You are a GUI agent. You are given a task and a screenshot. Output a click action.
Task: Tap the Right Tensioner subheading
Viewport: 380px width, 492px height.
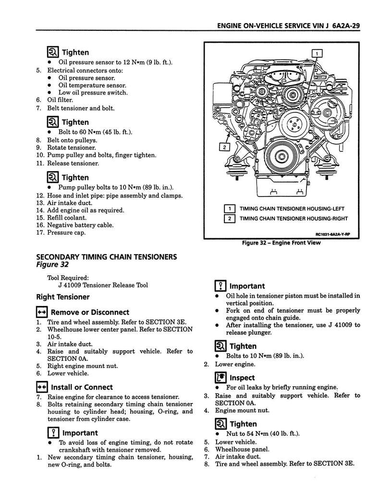pyautogui.click(x=62, y=297)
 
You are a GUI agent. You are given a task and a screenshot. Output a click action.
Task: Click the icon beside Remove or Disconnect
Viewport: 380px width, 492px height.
pyautogui.click(x=41, y=312)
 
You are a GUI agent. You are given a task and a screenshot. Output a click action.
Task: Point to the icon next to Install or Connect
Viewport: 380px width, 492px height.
pyautogui.click(x=41, y=387)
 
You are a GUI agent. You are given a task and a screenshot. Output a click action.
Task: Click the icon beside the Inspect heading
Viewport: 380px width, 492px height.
pyautogui.click(x=221, y=378)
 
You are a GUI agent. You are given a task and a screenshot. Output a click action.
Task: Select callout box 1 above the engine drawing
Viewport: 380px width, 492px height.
pyautogui.click(x=317, y=53)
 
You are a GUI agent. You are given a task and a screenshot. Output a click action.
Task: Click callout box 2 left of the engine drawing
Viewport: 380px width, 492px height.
pyautogui.click(x=224, y=147)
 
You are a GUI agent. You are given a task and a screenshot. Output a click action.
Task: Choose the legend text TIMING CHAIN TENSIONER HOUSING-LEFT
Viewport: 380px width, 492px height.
pyautogui.click(x=292, y=209)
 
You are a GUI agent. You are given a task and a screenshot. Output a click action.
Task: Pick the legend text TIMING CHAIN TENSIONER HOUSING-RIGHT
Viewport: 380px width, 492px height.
pyautogui.click(x=294, y=219)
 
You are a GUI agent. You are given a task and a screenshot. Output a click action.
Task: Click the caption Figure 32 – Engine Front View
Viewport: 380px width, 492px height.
pyautogui.click(x=282, y=243)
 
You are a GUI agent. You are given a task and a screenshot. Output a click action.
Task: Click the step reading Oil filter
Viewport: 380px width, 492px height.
pyautogui.click(x=60, y=100)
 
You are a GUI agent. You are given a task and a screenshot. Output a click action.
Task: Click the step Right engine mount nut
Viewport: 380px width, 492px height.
pyautogui.click(x=83, y=366)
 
